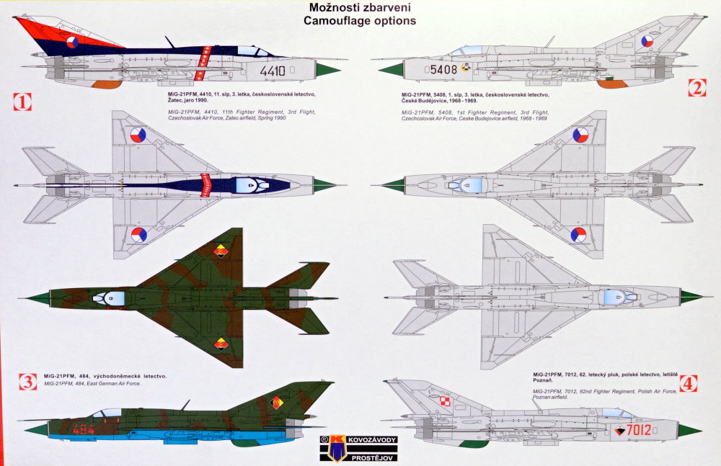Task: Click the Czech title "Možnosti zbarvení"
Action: click(x=361, y=7)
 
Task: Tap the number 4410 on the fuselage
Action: click(x=273, y=71)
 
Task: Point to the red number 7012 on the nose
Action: click(x=639, y=431)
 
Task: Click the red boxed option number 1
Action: click(x=22, y=102)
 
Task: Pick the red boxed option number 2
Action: click(x=696, y=88)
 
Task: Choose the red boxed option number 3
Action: click(x=28, y=382)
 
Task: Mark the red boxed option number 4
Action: click(x=689, y=383)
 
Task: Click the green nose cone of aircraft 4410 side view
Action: click(x=328, y=70)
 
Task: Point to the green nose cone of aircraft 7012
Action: click(x=689, y=431)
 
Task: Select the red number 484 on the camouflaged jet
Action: click(x=84, y=430)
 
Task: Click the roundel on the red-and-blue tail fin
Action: click(x=72, y=42)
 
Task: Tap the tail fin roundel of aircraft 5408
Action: click(x=647, y=42)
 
